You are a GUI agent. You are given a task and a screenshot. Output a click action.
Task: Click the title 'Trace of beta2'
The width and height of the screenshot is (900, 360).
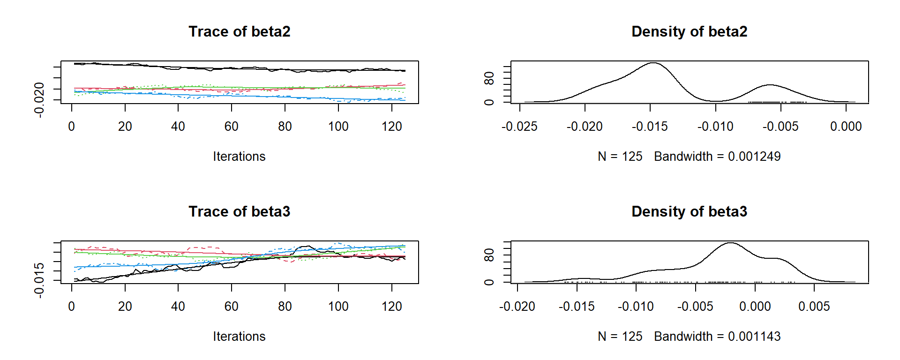(x=239, y=31)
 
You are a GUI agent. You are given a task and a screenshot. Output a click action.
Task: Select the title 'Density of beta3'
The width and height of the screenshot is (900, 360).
(x=689, y=211)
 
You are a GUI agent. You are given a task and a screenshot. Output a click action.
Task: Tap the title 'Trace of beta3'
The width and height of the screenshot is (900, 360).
(x=239, y=211)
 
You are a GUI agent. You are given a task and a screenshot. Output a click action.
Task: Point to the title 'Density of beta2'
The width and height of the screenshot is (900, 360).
(x=689, y=31)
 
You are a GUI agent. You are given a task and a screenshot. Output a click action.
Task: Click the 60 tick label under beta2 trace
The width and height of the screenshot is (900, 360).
(x=232, y=127)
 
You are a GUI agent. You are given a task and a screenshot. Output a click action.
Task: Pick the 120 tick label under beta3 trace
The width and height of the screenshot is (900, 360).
(x=392, y=307)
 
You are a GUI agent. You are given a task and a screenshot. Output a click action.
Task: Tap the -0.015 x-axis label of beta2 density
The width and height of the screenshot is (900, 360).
(x=650, y=127)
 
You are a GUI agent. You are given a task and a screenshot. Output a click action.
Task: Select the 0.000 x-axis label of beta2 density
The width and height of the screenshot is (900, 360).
(x=846, y=127)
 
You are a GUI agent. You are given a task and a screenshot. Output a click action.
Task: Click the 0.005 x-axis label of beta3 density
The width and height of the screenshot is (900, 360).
(x=814, y=307)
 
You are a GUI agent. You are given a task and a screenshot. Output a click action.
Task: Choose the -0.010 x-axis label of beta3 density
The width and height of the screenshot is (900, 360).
(x=636, y=307)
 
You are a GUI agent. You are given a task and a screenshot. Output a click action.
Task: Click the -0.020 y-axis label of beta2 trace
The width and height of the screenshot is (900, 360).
(x=39, y=99)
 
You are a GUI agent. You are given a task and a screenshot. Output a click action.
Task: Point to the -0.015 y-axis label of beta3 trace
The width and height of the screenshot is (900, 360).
(x=39, y=280)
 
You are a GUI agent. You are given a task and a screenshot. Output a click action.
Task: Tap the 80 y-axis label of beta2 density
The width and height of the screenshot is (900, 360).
(x=489, y=78)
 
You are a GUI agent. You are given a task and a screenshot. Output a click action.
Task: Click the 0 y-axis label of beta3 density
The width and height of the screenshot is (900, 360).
(x=489, y=282)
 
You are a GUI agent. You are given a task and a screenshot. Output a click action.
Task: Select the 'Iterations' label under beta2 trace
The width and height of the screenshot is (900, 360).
(x=239, y=157)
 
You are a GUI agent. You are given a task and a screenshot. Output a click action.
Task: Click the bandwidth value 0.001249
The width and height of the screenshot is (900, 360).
(x=754, y=157)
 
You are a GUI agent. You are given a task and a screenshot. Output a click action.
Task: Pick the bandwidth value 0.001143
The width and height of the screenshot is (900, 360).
(x=754, y=337)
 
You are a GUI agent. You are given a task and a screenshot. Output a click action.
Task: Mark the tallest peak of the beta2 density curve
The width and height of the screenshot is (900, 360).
(x=652, y=63)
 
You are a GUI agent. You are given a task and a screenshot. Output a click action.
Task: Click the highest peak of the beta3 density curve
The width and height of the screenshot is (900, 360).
(x=731, y=243)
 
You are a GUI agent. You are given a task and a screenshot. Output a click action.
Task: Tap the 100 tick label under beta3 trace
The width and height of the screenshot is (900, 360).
(x=338, y=307)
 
